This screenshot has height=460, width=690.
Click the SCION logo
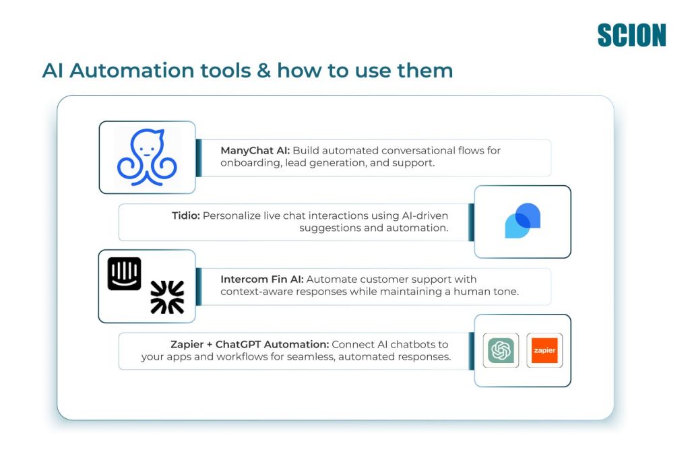click(631, 35)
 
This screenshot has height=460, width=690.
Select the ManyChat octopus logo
click(147, 158)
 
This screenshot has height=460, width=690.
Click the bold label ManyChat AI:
click(255, 150)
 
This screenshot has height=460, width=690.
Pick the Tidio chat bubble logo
click(522, 221)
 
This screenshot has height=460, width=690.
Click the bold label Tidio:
click(186, 216)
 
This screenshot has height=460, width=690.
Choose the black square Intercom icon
click(125, 273)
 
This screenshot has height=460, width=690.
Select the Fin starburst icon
click(167, 297)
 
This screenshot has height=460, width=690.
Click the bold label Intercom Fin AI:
click(262, 279)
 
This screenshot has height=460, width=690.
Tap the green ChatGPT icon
click(501, 350)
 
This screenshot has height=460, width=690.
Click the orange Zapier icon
click(544, 350)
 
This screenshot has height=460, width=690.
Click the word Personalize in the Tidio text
click(233, 216)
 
